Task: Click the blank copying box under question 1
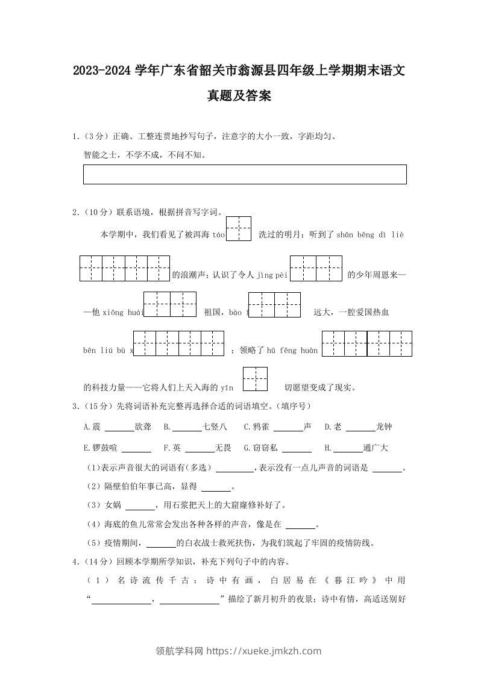[x=245, y=174]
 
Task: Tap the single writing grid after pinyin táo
[x=239, y=229]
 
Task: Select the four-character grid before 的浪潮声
[x=125, y=268]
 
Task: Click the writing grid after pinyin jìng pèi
[x=316, y=268]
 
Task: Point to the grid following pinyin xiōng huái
[x=170, y=304]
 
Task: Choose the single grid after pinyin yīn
[x=255, y=380]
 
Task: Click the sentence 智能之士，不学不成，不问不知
[x=145, y=155]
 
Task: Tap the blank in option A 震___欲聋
[x=119, y=428]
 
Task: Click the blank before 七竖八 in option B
[x=187, y=428]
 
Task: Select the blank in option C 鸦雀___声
[x=288, y=428]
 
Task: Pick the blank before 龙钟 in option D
[x=360, y=428]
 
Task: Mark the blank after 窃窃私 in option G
[x=297, y=449]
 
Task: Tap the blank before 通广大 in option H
[x=348, y=449]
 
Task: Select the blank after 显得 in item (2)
[x=216, y=487]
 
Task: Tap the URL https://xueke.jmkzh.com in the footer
[x=264, y=651]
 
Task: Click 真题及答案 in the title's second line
[x=239, y=95]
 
